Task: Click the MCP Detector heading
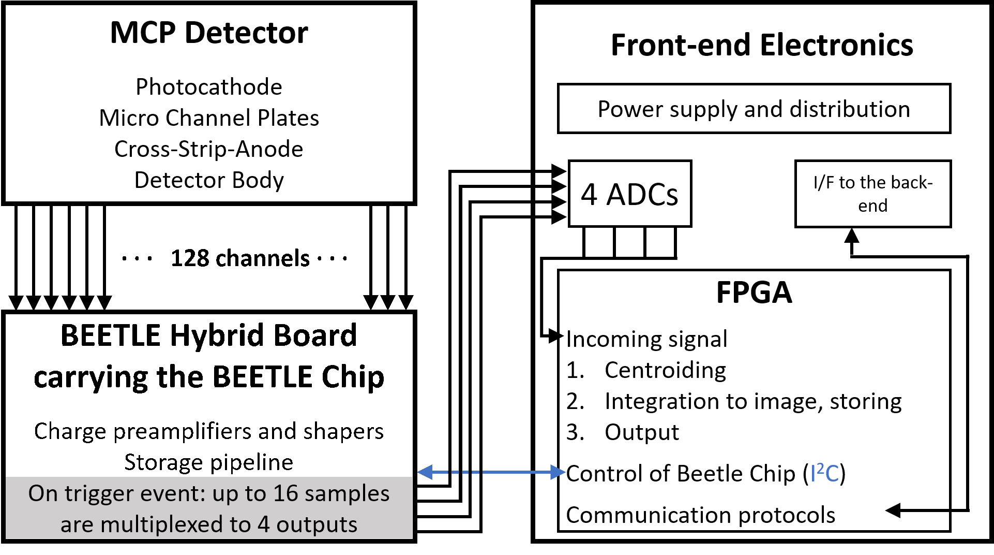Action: [209, 33]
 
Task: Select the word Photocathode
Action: [209, 86]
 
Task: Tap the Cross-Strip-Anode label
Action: [209, 149]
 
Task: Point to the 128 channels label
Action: [240, 258]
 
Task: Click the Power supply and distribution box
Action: [754, 109]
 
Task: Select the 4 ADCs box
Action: [630, 194]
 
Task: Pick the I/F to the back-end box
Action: [873, 194]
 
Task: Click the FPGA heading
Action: [754, 293]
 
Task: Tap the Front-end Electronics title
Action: [762, 45]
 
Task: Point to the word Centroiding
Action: [665, 370]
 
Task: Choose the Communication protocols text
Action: [701, 515]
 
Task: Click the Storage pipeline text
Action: [209, 462]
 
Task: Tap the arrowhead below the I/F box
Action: [852, 236]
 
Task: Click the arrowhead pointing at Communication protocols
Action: [893, 510]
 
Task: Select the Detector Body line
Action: [209, 180]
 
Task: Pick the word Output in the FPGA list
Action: [642, 432]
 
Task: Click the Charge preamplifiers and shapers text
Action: [209, 431]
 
